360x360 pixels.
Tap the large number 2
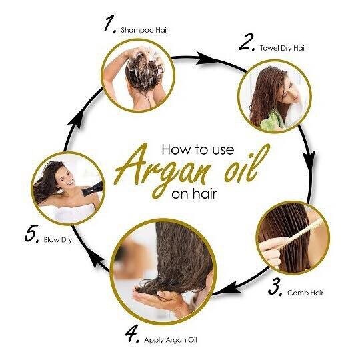(247, 42)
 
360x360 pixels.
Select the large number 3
(275, 287)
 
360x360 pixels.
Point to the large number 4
(132, 333)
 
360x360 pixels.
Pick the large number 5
(31, 234)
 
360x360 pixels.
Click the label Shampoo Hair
(145, 30)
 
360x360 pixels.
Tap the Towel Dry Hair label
(283, 48)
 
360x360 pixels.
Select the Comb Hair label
(305, 293)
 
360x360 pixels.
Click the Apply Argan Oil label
(171, 340)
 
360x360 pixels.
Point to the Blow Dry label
(58, 240)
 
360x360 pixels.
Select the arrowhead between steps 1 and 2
(206, 59)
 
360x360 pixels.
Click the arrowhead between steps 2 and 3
(310, 160)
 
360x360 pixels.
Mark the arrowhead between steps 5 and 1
(75, 120)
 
